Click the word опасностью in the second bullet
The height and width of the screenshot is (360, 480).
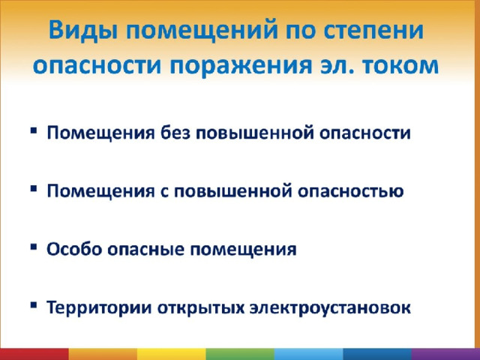(351, 191)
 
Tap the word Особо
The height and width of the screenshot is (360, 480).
(74, 248)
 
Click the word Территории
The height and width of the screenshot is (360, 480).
(99, 307)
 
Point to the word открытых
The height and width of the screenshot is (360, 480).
(201, 308)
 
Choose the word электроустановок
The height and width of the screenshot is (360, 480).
(330, 307)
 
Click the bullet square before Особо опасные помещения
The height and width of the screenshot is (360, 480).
(34, 247)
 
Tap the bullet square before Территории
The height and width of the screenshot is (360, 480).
(34, 305)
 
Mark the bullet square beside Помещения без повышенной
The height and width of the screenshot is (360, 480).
(34, 130)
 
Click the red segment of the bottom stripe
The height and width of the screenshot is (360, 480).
(34, 354)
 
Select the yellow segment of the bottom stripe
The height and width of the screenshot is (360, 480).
(172, 354)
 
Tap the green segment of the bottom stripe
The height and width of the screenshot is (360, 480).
(240, 354)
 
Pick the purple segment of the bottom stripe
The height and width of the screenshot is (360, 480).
(445, 354)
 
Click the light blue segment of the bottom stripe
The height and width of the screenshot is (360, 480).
(308, 354)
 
